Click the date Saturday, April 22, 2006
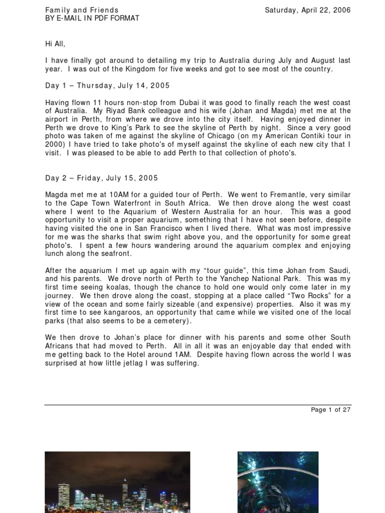pos(307,10)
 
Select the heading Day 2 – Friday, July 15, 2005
pos(101,178)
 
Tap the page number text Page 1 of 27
pos(330,409)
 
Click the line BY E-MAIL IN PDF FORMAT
pos(92,19)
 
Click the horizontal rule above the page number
pos(197,404)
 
